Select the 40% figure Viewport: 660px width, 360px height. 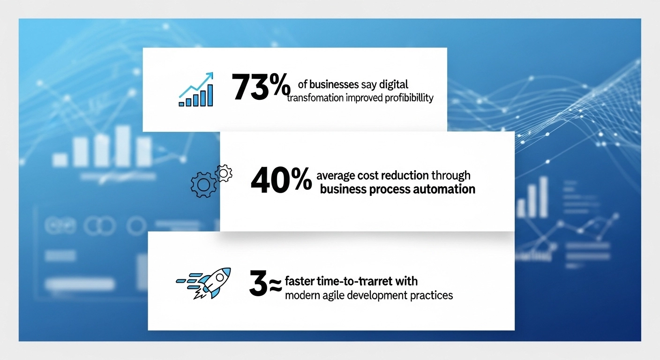pyautogui.click(x=281, y=181)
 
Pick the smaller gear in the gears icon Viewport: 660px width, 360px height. pyautogui.click(x=224, y=173)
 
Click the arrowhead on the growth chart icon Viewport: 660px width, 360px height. pyautogui.click(x=209, y=75)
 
